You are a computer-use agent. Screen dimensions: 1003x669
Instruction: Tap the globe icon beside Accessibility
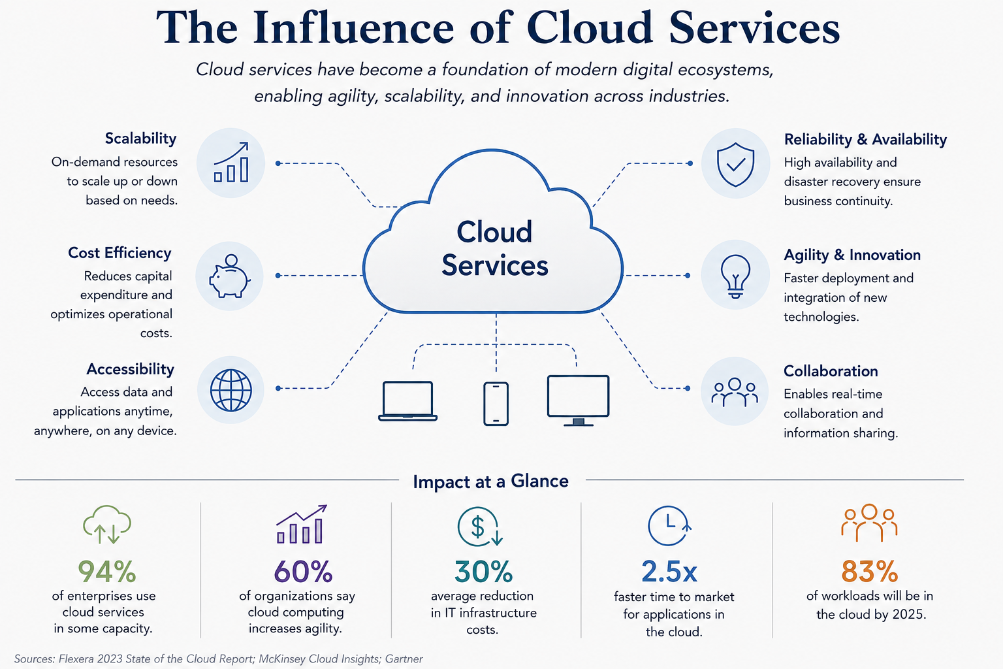[231, 390]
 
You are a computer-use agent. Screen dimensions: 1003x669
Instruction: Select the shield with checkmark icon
[735, 164]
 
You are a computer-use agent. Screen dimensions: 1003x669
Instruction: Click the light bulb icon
[735, 276]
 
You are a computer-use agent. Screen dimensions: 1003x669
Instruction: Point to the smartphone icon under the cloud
[496, 403]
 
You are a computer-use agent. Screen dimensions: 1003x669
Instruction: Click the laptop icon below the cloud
[407, 401]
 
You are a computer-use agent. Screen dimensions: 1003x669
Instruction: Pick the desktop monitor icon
[578, 400]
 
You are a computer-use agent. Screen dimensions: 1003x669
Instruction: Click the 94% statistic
[107, 571]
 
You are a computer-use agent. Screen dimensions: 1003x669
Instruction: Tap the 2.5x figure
[669, 572]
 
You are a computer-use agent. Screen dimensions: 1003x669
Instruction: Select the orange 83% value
[870, 571]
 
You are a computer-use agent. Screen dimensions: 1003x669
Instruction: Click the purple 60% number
[303, 571]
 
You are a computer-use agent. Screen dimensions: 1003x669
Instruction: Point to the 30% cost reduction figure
[484, 571]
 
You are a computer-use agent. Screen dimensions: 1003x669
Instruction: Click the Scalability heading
[140, 139]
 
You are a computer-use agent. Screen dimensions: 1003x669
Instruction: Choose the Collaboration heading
[831, 371]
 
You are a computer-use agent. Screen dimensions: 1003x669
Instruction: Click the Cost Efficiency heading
[119, 253]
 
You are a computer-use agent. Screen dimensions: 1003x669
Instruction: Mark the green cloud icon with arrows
[107, 524]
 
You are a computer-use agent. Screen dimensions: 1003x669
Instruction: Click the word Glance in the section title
[539, 481]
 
